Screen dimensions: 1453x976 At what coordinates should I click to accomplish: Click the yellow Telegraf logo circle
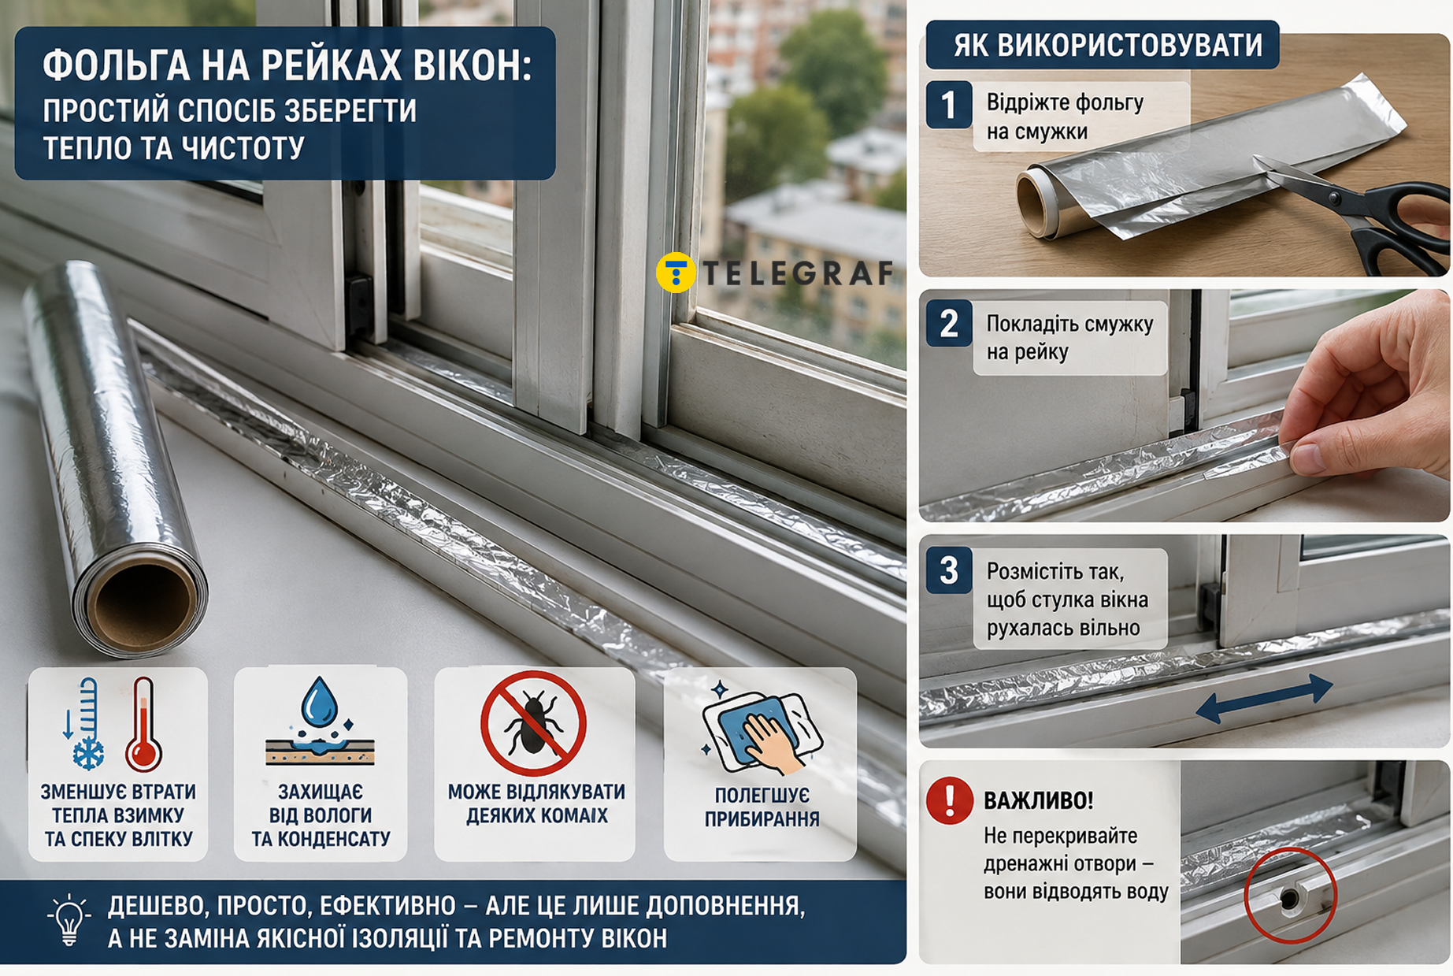point(676,273)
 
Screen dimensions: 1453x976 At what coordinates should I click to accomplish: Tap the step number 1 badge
point(949,105)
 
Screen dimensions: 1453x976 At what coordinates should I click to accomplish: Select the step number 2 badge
point(949,324)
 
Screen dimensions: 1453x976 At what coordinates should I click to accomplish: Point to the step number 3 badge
point(949,570)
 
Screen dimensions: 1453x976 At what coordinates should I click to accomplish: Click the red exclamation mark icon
point(950,800)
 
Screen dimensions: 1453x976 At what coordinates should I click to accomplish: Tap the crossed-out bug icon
point(533,723)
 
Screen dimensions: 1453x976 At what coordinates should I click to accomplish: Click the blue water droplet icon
point(320,702)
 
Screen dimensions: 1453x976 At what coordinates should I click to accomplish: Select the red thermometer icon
point(143,725)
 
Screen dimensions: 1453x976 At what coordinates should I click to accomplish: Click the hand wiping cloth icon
point(761,729)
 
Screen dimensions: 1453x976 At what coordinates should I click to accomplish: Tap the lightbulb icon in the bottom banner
point(69,919)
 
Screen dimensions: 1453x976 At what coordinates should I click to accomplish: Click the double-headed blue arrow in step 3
point(1264,697)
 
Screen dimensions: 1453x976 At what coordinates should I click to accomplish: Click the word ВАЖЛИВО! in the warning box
point(1039,801)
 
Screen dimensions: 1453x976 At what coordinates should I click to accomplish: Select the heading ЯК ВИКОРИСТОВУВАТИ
point(1107,46)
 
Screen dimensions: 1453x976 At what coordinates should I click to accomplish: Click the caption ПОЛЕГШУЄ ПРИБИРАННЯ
point(762,807)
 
